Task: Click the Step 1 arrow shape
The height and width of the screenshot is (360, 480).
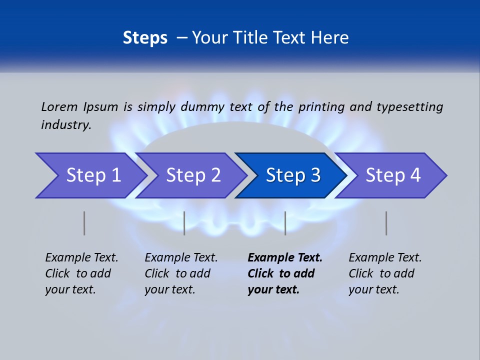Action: click(x=92, y=175)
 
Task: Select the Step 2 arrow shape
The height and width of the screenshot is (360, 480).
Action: click(x=192, y=175)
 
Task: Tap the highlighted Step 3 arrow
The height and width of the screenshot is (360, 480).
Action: click(x=292, y=175)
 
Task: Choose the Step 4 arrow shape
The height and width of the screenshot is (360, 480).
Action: click(x=392, y=175)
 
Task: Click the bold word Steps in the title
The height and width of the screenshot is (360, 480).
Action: click(x=145, y=38)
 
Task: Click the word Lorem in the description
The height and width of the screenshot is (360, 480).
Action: click(x=58, y=106)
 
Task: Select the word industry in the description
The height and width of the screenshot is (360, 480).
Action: click(x=65, y=124)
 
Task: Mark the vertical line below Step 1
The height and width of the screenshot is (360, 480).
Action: click(x=84, y=223)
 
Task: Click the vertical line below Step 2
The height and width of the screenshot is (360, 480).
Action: click(x=184, y=223)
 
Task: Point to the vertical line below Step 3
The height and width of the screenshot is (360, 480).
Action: click(x=285, y=223)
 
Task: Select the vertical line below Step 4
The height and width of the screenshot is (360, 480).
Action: click(x=386, y=223)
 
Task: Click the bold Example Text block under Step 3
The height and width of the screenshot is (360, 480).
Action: click(x=284, y=273)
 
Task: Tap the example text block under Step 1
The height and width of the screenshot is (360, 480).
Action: click(x=81, y=273)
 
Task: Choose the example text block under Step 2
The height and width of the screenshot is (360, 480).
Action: click(x=181, y=273)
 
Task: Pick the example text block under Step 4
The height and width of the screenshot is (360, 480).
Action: click(x=385, y=273)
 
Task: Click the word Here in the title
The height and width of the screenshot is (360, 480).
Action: click(x=329, y=38)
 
